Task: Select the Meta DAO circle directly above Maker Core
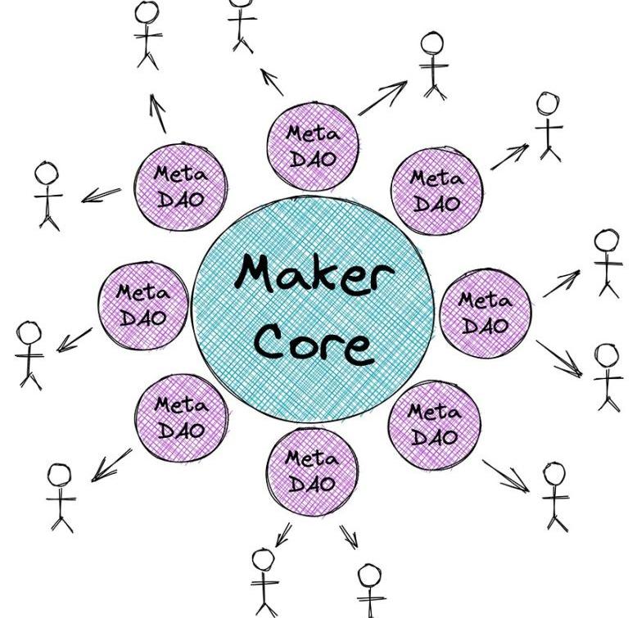pyautogui.click(x=312, y=146)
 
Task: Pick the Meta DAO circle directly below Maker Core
pyautogui.click(x=311, y=471)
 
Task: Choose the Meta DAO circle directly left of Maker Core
pyautogui.click(x=142, y=304)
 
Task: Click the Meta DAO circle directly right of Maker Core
pyautogui.click(x=485, y=313)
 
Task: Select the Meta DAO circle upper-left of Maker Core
pyautogui.click(x=180, y=186)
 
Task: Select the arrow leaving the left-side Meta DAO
pyautogui.click(x=75, y=339)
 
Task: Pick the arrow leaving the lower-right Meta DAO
pyautogui.click(x=505, y=476)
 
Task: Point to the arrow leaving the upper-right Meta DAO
pyautogui.click(x=509, y=156)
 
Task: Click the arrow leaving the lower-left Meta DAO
pyautogui.click(x=111, y=464)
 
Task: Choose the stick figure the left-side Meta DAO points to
pyautogui.click(x=30, y=354)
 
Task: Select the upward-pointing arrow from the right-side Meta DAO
pyautogui.click(x=560, y=283)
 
